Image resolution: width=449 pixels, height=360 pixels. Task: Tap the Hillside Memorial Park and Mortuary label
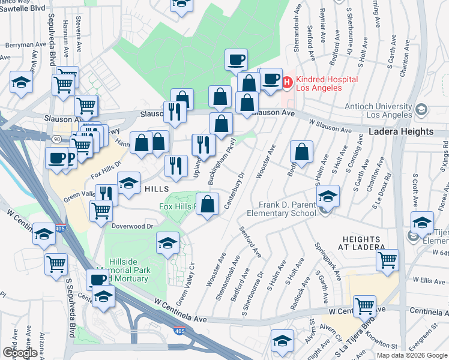(122, 274)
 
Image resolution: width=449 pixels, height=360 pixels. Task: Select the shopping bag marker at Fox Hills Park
(207, 204)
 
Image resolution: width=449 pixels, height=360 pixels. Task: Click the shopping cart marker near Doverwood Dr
(101, 210)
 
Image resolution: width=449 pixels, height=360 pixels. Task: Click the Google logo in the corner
(20, 352)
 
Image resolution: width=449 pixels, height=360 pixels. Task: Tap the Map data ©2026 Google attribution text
(412, 355)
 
